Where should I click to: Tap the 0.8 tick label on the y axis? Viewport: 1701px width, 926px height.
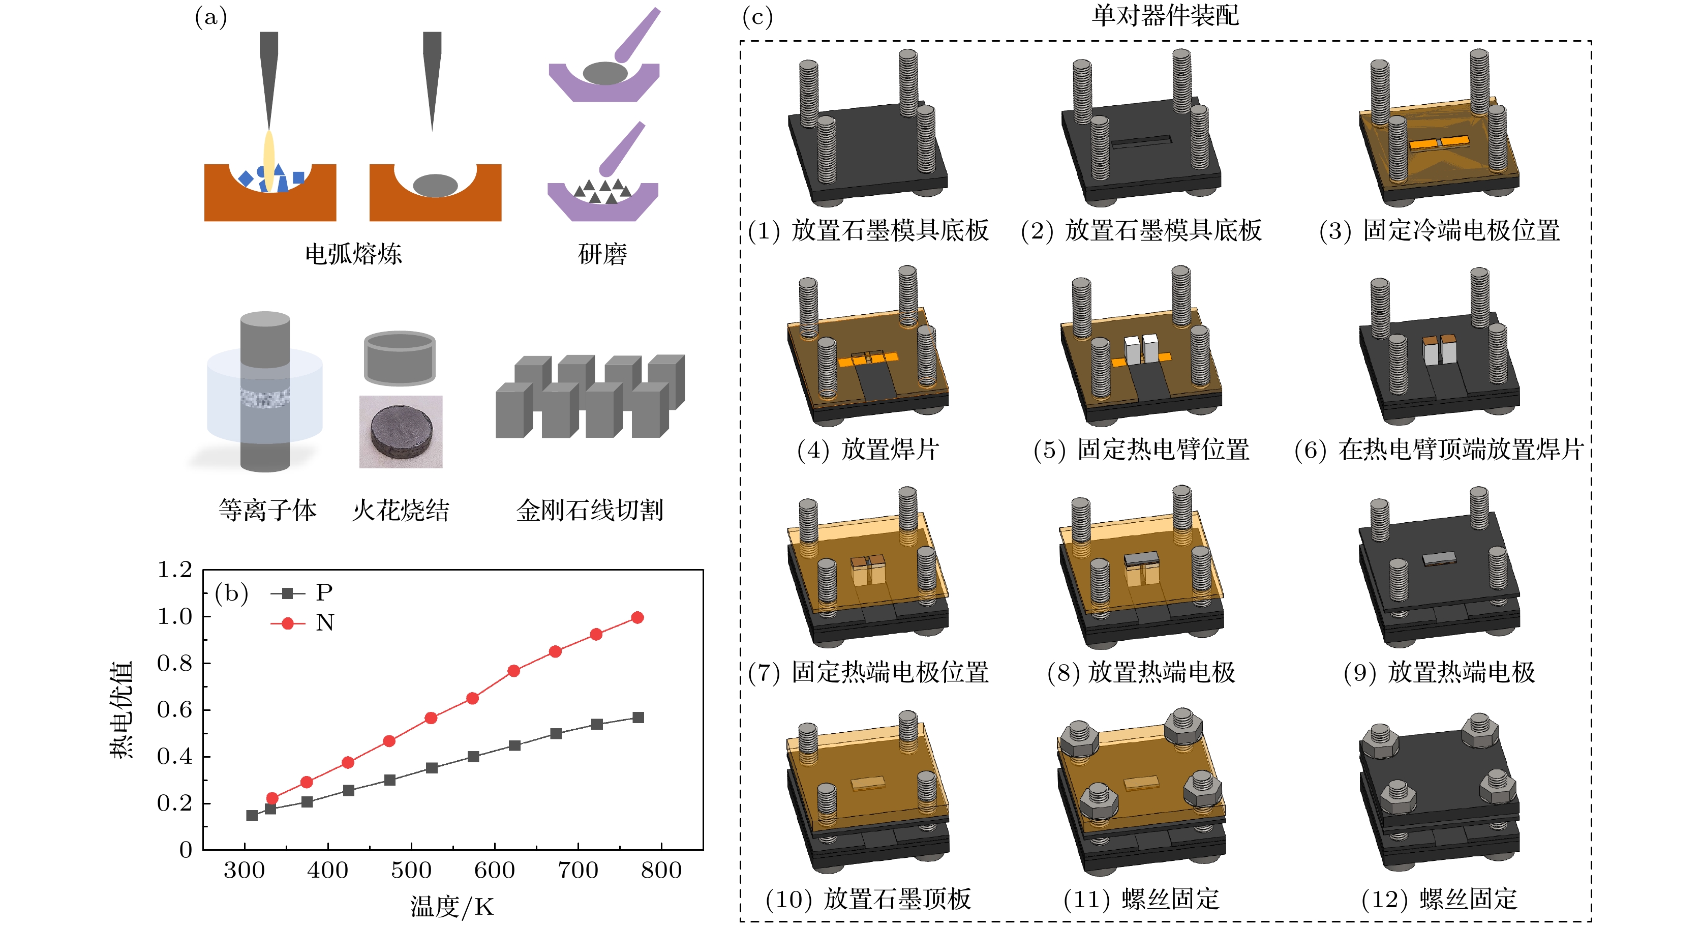point(174,663)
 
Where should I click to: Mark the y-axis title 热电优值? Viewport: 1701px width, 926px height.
point(121,709)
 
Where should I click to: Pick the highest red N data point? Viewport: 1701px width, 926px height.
point(637,617)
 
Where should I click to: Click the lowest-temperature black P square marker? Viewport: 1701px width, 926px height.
point(252,815)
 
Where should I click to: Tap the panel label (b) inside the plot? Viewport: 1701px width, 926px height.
point(231,592)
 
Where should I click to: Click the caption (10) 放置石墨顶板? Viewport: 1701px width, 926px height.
point(868,898)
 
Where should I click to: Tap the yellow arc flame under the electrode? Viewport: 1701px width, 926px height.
point(269,159)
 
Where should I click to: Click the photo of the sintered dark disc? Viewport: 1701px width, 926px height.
point(401,432)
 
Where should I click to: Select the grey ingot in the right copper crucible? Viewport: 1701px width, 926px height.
point(435,185)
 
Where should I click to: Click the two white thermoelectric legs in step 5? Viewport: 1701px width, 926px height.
point(1141,349)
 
